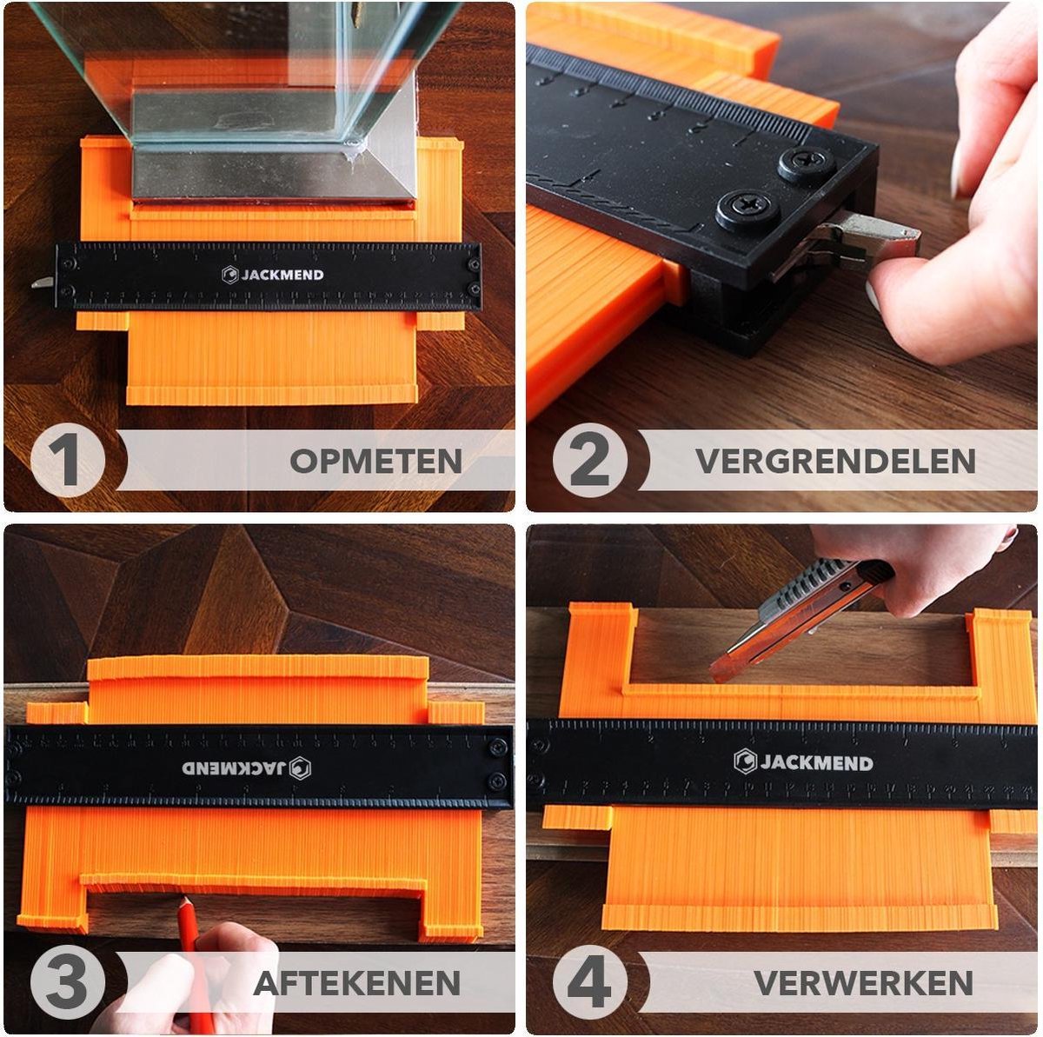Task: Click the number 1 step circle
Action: click(68, 460)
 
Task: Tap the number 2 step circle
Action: click(590, 460)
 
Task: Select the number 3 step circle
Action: click(68, 983)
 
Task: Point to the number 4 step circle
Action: click(590, 983)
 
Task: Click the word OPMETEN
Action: click(375, 461)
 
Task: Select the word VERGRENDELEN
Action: click(835, 461)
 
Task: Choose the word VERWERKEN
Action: click(863, 983)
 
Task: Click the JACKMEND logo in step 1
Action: click(272, 275)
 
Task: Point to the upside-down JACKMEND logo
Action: click(247, 768)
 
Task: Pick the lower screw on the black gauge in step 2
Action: click(747, 209)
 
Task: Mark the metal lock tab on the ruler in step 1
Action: click(43, 282)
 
